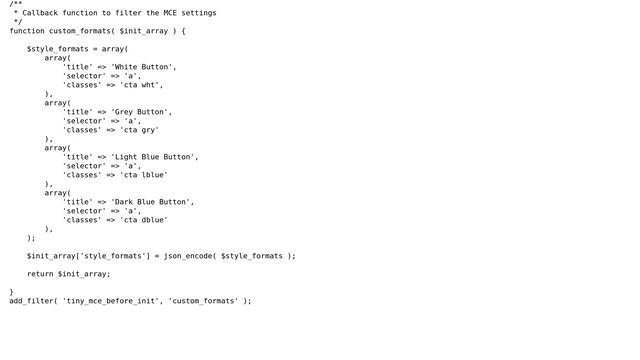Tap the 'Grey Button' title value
click(x=141, y=112)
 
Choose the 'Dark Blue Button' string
click(x=152, y=202)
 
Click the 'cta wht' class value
click(x=141, y=85)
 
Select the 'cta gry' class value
click(x=139, y=130)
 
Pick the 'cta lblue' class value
click(x=143, y=175)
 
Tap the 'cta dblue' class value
click(x=143, y=220)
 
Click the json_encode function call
click(x=187, y=256)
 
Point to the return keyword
click(x=40, y=274)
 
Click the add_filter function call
click(x=31, y=301)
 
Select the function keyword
click(x=27, y=31)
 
